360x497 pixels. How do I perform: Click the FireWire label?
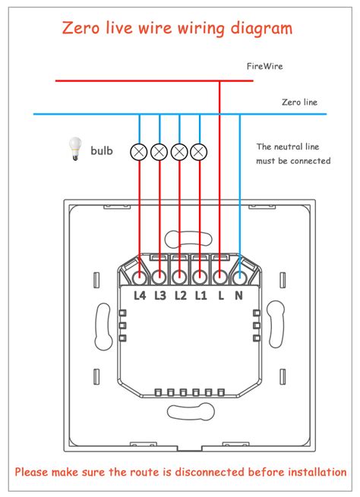point(264,67)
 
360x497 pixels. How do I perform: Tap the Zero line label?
point(299,102)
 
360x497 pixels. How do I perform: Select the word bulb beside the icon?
point(102,151)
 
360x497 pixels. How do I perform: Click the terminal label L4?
point(139,295)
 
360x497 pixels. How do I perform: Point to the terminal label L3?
point(159,295)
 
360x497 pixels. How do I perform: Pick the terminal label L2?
point(180,295)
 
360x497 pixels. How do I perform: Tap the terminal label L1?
point(200,295)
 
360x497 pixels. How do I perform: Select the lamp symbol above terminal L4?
point(139,151)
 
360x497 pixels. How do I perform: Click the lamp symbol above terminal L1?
point(199,151)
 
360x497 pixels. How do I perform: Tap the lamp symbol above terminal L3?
point(159,151)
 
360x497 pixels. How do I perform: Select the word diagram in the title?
point(261,29)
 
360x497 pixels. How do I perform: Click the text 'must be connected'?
point(293,161)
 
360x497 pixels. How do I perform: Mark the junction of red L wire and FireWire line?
point(219,80)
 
